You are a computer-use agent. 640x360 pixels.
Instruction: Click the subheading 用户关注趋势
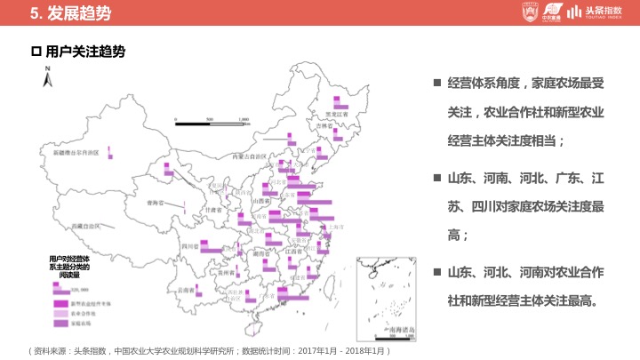[x=84, y=52]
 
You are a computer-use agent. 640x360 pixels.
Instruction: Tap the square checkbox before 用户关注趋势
[x=36, y=52]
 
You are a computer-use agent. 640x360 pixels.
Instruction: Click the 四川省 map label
[x=188, y=245]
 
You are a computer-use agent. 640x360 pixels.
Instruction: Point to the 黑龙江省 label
[x=334, y=115]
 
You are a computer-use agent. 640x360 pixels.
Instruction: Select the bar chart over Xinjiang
[x=109, y=152]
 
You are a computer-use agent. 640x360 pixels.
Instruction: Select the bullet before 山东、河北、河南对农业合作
[x=437, y=271]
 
